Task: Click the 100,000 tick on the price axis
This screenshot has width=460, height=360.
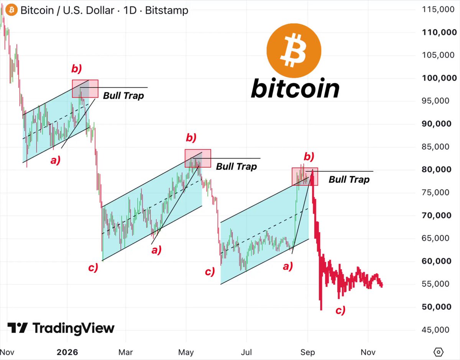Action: point(439,78)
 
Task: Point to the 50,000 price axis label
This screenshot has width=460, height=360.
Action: point(437,307)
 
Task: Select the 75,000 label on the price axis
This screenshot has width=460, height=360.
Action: point(435,192)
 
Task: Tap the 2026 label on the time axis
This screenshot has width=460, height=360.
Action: point(67,352)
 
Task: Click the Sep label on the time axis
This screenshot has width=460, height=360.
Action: point(307,352)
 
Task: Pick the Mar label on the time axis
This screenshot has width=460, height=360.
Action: point(125,352)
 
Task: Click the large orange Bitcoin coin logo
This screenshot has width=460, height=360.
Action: point(294,51)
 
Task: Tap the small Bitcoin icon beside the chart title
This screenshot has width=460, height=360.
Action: point(11,10)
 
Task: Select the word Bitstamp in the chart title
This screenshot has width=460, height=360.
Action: point(167,10)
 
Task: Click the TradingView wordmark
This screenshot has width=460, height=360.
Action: point(61,328)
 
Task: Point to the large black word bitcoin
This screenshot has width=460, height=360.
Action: point(295,88)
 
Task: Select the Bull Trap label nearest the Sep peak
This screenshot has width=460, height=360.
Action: point(349,180)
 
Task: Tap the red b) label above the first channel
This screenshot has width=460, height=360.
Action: point(76,69)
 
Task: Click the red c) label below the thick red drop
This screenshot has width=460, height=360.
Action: point(340,310)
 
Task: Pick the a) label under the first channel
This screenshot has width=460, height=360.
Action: point(56,160)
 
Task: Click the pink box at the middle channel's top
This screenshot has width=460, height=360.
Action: point(198,159)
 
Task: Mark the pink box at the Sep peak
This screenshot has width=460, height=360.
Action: point(305,177)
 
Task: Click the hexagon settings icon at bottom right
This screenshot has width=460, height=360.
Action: point(439,352)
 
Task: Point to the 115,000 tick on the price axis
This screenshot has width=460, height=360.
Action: point(438,10)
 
